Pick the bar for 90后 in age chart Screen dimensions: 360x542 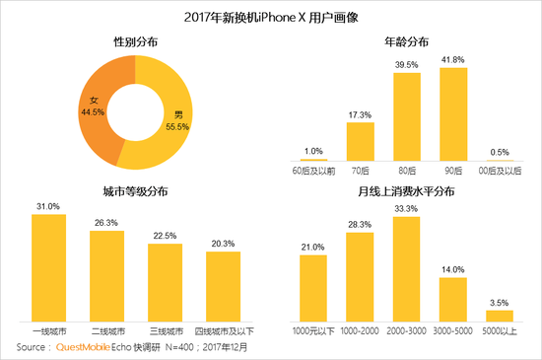pos(453,113)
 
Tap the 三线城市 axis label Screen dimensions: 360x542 pos(166,330)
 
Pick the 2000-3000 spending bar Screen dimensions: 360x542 pos(407,266)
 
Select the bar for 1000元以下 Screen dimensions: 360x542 pos(314,286)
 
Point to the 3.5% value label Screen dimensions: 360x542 pos(500,301)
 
